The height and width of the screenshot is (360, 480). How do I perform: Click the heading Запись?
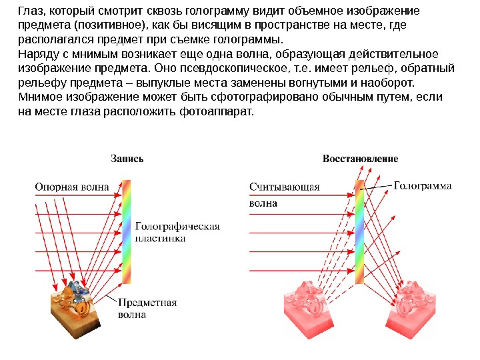127,159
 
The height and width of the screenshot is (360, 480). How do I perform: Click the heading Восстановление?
361,159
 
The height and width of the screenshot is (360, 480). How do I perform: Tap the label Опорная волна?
71,187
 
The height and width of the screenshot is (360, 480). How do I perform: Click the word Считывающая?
285,187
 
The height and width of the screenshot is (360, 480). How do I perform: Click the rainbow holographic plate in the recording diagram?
127,230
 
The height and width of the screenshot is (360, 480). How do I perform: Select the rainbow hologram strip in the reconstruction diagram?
360,230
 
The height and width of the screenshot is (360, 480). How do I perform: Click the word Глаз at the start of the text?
29,11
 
